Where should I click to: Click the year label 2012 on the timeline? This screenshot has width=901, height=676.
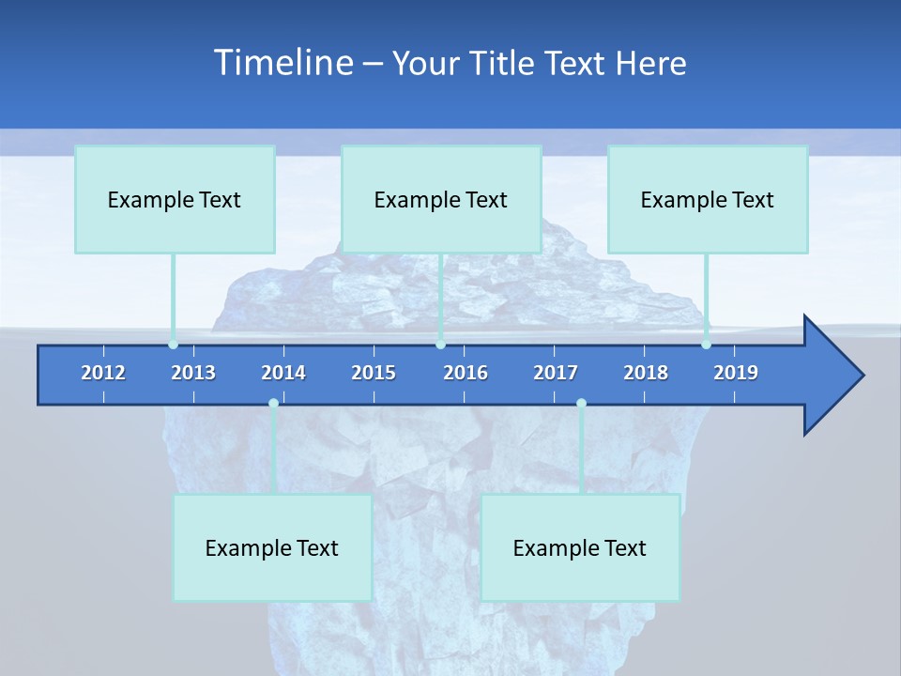click(103, 373)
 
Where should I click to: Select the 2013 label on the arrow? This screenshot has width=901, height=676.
click(193, 373)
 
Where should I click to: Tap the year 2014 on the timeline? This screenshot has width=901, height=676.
click(283, 373)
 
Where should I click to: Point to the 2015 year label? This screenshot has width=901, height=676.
click(374, 373)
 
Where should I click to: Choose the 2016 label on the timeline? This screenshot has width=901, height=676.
click(466, 373)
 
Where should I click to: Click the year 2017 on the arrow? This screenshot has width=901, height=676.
click(556, 373)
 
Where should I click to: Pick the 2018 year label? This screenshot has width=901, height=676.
click(646, 373)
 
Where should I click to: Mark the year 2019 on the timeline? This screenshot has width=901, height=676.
click(736, 373)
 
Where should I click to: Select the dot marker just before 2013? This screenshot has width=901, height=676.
click(173, 345)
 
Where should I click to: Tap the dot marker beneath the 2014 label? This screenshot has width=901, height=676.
click(273, 404)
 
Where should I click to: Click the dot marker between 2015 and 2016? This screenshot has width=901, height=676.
click(440, 345)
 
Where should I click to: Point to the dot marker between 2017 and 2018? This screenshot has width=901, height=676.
click(581, 404)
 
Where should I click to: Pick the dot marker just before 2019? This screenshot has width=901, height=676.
click(706, 345)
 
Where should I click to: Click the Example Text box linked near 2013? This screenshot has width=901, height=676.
click(175, 199)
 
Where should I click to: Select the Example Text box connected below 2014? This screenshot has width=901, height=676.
click(272, 547)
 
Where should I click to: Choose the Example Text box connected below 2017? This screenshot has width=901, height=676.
click(580, 547)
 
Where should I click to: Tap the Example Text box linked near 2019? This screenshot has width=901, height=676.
click(708, 199)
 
